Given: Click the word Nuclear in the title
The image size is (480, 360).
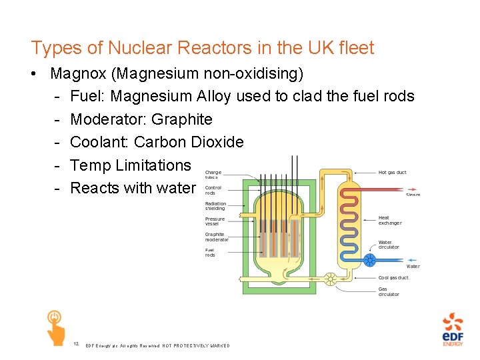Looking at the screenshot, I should click(x=130, y=48).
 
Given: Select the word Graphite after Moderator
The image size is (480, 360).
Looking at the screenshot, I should click(x=182, y=119).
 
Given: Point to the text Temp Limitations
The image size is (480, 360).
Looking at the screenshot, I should click(x=131, y=165).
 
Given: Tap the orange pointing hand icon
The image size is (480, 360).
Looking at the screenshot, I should click(x=55, y=327).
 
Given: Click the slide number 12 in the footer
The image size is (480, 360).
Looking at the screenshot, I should click(x=77, y=344).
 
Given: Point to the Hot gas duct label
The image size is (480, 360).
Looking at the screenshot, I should click(x=392, y=173).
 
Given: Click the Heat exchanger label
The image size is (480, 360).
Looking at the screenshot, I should click(x=390, y=220).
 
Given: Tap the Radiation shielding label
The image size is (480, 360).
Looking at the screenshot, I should click(x=215, y=206).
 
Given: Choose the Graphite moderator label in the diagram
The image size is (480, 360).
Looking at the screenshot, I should click(x=217, y=237).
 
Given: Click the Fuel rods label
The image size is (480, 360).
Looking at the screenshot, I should click(x=210, y=253).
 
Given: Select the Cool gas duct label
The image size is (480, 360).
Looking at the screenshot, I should click(x=393, y=277).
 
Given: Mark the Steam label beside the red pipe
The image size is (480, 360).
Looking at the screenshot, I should click(x=413, y=195).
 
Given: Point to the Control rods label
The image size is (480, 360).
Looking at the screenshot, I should click(x=213, y=190).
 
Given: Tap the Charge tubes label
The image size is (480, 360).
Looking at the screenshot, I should click(x=213, y=175).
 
